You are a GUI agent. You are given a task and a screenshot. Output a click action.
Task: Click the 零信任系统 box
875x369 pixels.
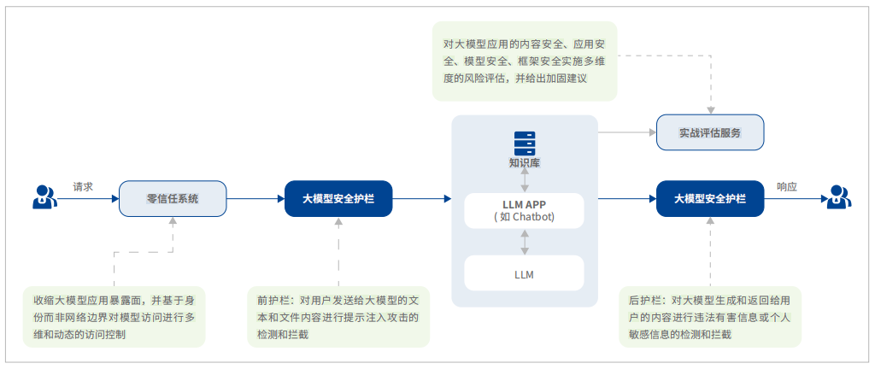[x=173, y=198]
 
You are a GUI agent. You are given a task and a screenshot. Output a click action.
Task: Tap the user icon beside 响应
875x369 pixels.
[x=839, y=198]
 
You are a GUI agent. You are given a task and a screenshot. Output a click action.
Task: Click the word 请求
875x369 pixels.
[x=83, y=186]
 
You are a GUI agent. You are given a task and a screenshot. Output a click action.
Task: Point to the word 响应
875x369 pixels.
[x=787, y=186]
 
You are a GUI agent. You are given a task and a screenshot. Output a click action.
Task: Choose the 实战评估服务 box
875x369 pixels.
[x=709, y=133]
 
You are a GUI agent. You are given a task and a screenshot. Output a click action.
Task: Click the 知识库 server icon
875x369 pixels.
[x=524, y=142]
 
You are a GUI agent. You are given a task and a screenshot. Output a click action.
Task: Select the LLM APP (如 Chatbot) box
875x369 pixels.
[x=524, y=210]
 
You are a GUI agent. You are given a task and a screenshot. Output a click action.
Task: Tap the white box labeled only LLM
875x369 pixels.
[x=524, y=274]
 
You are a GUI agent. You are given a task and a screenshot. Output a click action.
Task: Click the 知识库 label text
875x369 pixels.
[x=524, y=162]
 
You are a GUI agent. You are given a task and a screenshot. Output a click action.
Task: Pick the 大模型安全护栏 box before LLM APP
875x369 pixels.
[x=338, y=198]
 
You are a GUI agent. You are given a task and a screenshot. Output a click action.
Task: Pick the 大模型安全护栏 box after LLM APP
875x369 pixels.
[x=710, y=198]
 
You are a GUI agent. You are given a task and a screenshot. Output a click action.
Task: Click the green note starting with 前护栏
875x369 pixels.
[x=338, y=316]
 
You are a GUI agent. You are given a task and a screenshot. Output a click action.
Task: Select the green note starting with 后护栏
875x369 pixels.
[x=710, y=316]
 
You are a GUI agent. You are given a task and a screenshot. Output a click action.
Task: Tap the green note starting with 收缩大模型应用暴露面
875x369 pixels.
[x=114, y=316]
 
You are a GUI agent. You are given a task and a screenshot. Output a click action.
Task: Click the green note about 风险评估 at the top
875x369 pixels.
[x=524, y=61]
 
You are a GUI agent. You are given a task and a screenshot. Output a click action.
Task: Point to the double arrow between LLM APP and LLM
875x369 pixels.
[x=525, y=242]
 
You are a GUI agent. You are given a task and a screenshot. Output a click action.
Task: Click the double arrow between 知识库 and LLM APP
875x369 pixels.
[x=525, y=180]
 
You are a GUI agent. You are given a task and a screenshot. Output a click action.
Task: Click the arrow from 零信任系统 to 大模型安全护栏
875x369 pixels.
[x=255, y=198]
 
